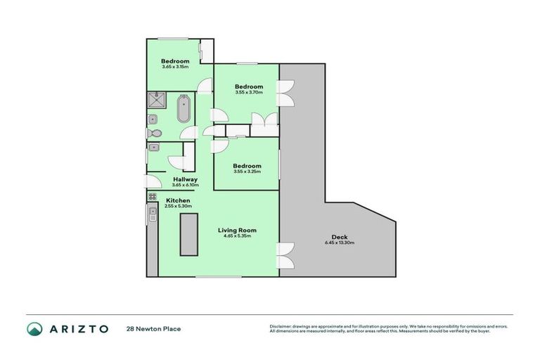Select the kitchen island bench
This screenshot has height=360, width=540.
(187, 236)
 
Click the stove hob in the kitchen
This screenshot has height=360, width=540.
(152, 197)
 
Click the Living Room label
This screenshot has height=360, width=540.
(236, 230)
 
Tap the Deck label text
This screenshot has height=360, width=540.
(339, 237)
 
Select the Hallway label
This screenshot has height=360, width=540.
(185, 179)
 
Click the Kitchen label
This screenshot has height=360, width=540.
(178, 200)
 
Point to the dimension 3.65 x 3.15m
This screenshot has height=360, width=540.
(174, 67)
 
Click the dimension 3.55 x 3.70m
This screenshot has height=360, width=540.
(248, 92)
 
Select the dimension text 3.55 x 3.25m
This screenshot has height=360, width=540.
(248, 171)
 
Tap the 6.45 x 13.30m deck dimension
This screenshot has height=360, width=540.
(340, 243)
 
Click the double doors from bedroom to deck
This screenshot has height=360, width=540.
(285, 93)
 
